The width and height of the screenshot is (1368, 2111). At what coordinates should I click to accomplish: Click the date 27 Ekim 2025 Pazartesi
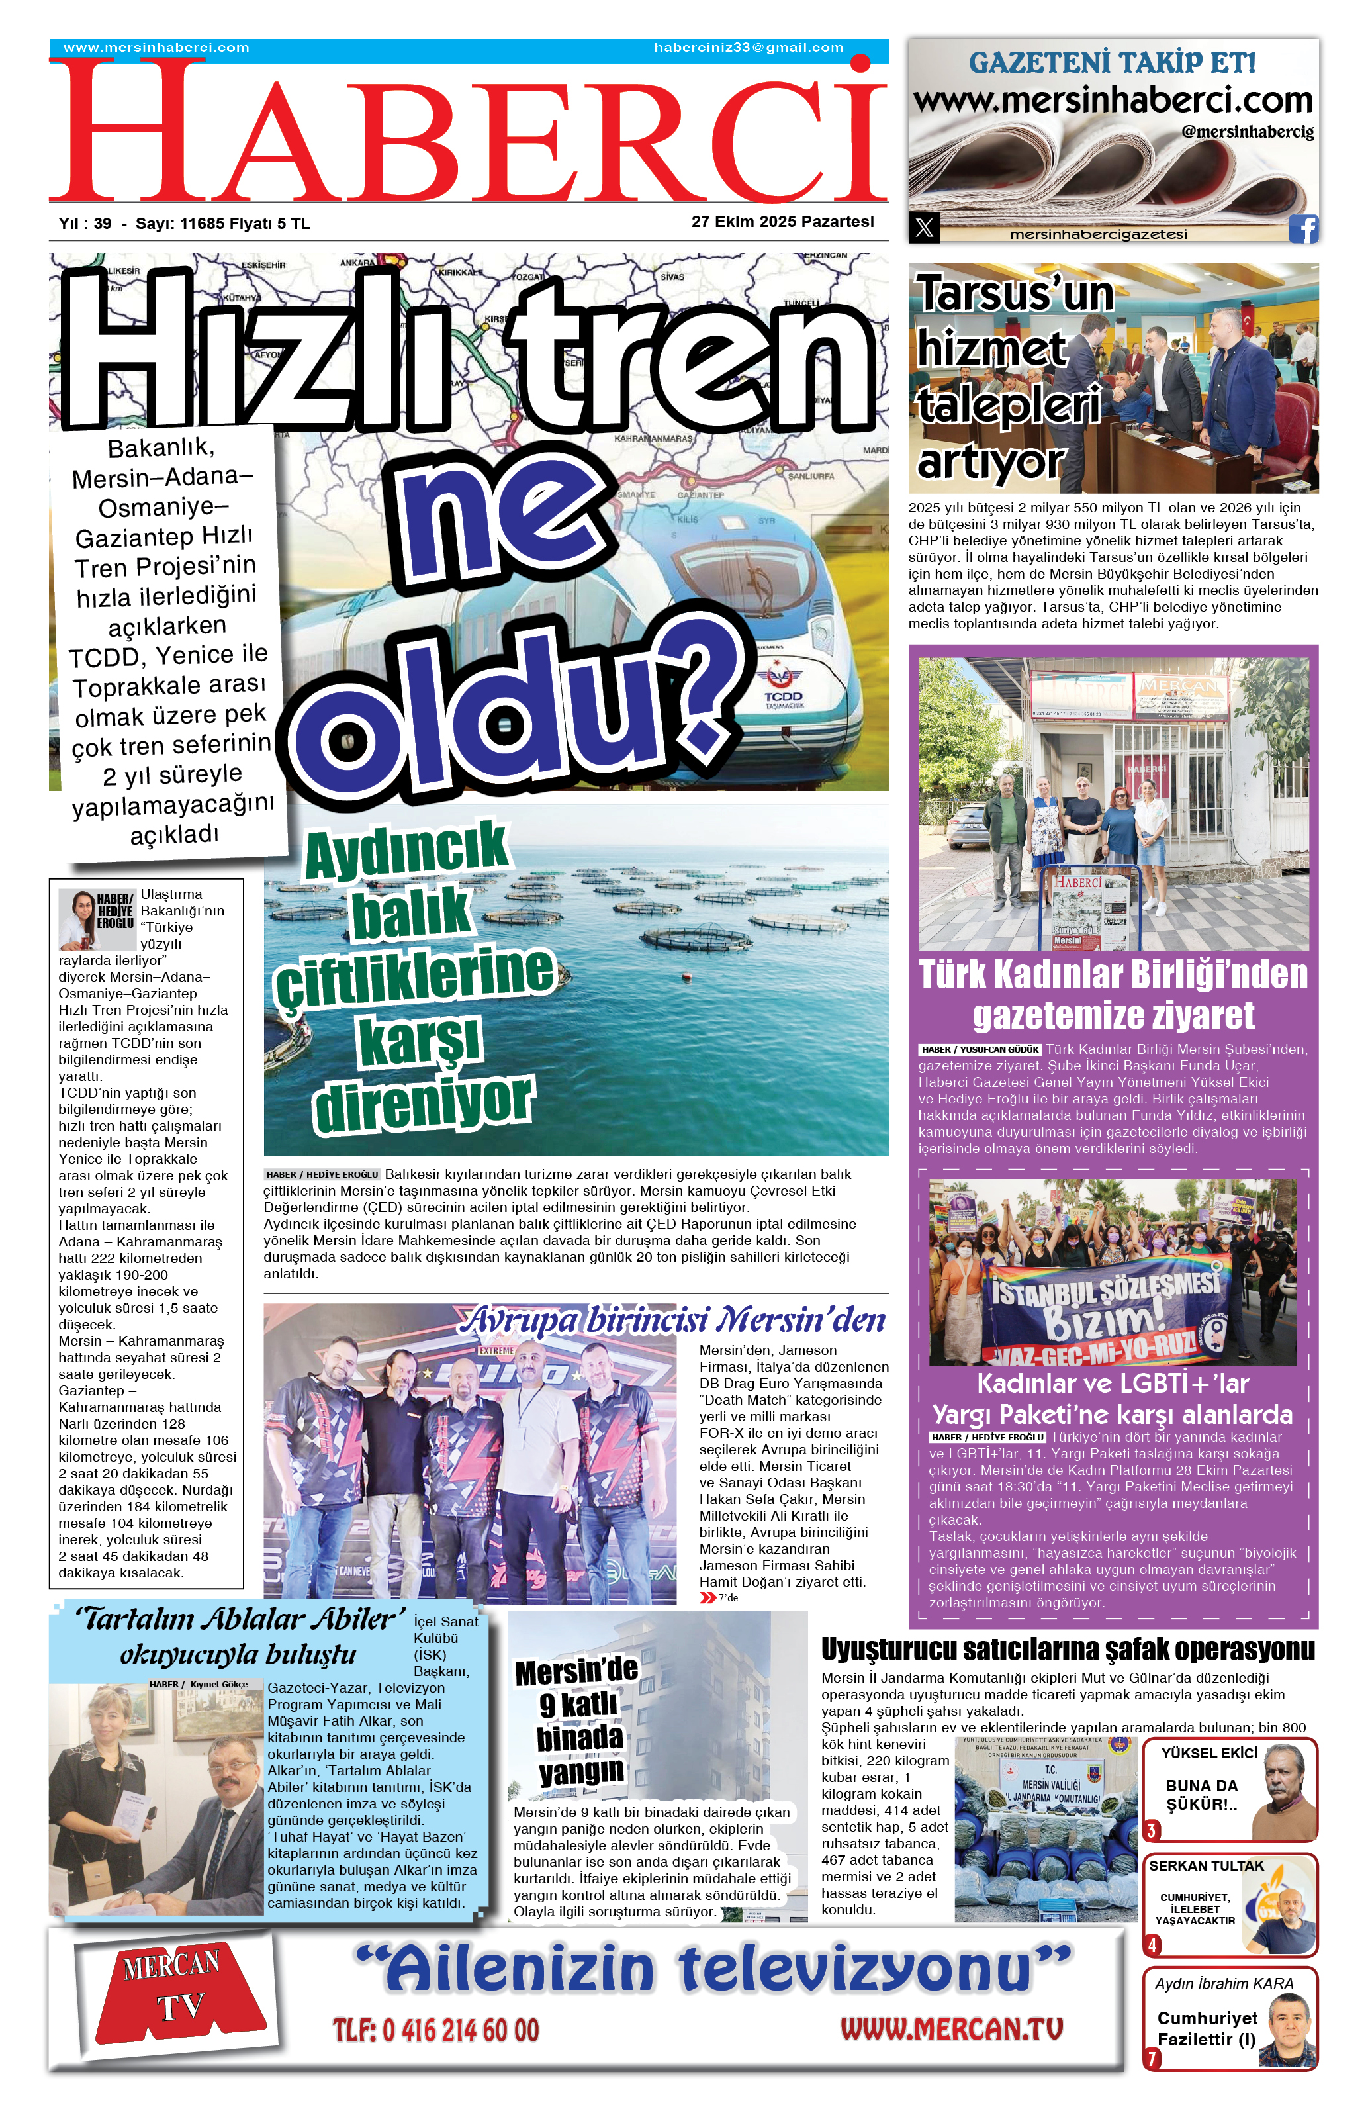[782, 222]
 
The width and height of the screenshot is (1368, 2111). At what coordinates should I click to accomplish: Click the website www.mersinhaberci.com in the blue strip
[156, 48]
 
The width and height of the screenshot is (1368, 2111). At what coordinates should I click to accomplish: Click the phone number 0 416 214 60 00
[435, 2030]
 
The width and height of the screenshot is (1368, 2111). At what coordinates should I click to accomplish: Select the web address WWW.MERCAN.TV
[950, 2028]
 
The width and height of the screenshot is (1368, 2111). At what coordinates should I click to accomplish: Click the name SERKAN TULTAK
[1206, 1865]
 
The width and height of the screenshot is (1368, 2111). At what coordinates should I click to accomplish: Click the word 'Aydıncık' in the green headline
[407, 850]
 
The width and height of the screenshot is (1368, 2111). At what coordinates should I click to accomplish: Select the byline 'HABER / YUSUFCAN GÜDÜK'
[980, 1049]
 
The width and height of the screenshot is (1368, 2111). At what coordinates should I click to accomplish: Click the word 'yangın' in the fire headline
[580, 1772]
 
